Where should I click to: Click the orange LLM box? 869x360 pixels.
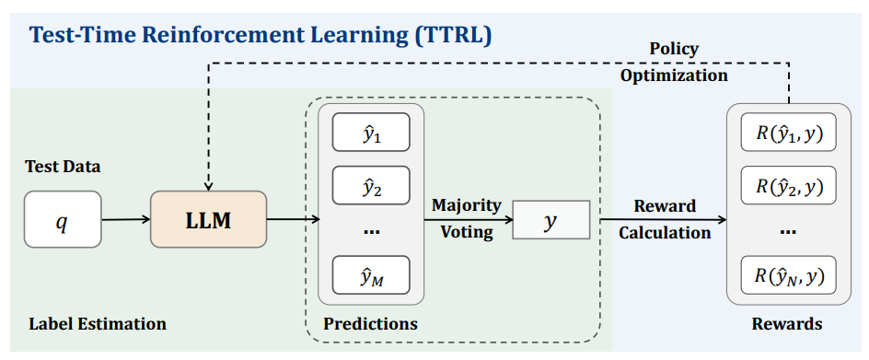coord(208,219)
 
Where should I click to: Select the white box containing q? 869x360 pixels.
coord(63,219)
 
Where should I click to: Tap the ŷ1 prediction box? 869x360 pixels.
coord(371,132)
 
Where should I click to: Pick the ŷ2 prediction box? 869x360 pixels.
coord(371,185)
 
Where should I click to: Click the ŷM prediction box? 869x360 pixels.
coord(371,274)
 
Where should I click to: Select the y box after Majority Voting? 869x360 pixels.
coord(550,220)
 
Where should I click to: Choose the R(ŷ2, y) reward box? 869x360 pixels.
coord(789,185)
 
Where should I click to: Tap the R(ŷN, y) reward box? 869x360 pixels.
coord(789,274)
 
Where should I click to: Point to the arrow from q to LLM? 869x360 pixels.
coord(126,219)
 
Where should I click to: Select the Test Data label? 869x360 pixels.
coord(64,167)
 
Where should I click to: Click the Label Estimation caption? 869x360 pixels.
coord(97,323)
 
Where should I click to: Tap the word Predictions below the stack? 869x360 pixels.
coord(371,323)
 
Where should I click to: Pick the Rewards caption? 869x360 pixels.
coord(787,323)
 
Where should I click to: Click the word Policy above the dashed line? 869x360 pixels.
coord(673,49)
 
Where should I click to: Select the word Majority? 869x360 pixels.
coord(467,205)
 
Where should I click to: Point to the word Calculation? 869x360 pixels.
coord(665,232)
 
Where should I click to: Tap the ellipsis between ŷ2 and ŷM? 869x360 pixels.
coord(371,231)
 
